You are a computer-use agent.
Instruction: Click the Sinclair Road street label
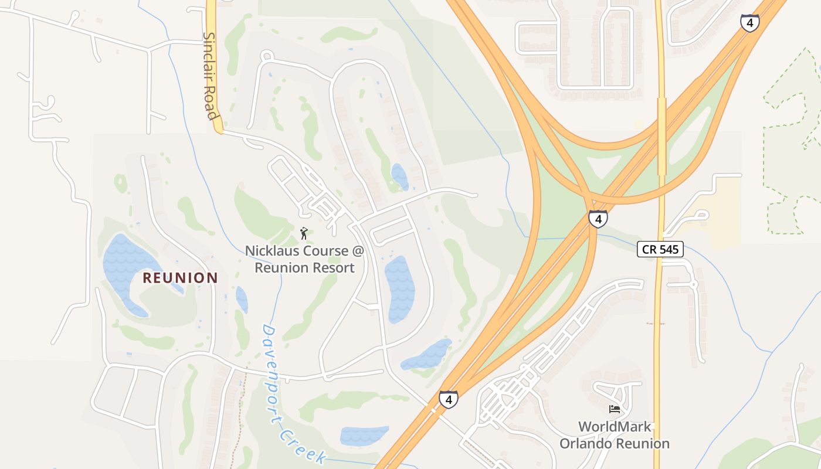pyautogui.click(x=211, y=75)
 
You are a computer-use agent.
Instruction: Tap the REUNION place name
pyautogui.click(x=180, y=278)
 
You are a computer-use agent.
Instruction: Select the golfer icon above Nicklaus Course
pyautogui.click(x=304, y=234)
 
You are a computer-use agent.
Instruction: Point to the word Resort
pyautogui.click(x=333, y=268)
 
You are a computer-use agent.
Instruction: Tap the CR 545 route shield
pyautogui.click(x=660, y=249)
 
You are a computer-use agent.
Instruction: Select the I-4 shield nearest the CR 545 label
pyautogui.click(x=598, y=219)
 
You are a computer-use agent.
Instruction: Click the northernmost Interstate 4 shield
pyautogui.click(x=749, y=23)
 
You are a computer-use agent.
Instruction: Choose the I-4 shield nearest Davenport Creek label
pyautogui.click(x=448, y=400)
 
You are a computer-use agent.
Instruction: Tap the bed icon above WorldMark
pyautogui.click(x=614, y=409)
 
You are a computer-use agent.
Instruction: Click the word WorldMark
pyautogui.click(x=615, y=427)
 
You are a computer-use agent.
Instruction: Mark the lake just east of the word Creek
pyautogui.click(x=364, y=435)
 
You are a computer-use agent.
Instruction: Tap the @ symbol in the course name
pyautogui.click(x=358, y=251)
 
